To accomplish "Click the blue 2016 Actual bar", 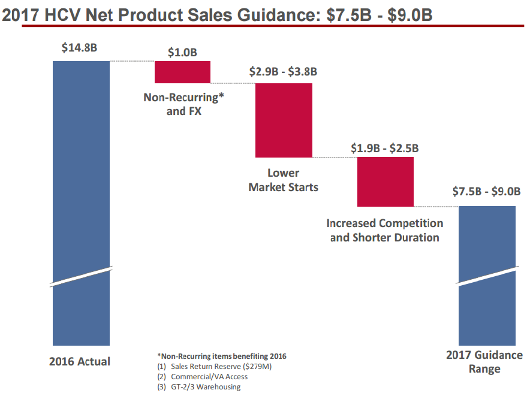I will click(x=81, y=180).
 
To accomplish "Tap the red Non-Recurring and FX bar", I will click(x=183, y=72).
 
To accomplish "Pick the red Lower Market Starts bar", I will click(x=284, y=120).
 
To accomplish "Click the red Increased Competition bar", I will click(x=386, y=182).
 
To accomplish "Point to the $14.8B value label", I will click(x=79, y=49).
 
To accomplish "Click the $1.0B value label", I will click(x=182, y=52).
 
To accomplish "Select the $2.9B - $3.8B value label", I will click(x=284, y=72).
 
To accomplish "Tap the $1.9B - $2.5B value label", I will click(x=385, y=148).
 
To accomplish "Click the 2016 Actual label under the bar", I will click(x=80, y=361).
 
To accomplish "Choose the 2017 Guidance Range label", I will click(x=484, y=362).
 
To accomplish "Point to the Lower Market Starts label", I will click(x=284, y=180).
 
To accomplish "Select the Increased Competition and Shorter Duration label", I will click(x=385, y=230).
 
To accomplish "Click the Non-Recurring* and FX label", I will click(x=183, y=103).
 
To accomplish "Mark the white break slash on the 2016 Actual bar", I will click(x=81, y=277).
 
